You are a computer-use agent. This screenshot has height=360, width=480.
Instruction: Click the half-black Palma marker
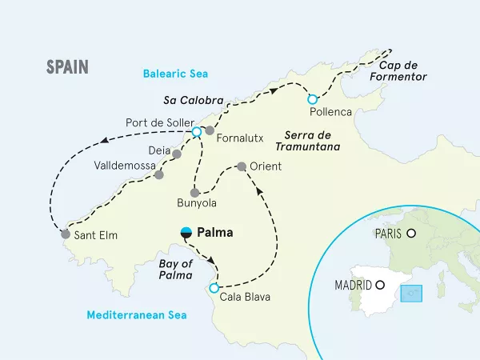click(x=186, y=233)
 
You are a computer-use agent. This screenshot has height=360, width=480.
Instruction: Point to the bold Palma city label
click(x=215, y=234)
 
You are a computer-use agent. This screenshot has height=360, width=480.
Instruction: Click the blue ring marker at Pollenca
click(x=313, y=100)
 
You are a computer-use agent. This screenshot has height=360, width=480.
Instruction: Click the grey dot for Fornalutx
click(x=210, y=130)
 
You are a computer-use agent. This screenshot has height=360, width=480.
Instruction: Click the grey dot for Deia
click(x=176, y=150)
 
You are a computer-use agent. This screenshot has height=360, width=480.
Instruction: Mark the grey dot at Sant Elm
click(x=65, y=234)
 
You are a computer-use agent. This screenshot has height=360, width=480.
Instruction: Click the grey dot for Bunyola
click(x=194, y=192)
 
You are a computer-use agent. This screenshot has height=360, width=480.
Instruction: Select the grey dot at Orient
click(x=241, y=167)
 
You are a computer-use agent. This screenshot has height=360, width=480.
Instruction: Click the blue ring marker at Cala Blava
click(x=214, y=288)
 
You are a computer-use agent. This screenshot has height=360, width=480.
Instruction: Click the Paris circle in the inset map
click(x=411, y=234)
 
